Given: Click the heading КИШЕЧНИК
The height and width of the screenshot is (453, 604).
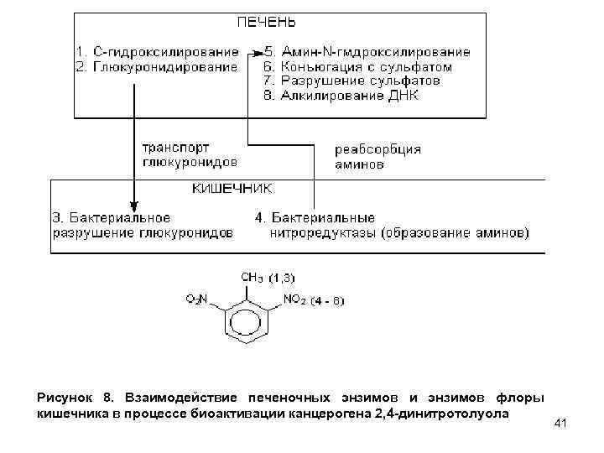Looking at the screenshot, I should tap(232, 189).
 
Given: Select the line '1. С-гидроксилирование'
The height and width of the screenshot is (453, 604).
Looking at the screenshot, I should tap(156, 51).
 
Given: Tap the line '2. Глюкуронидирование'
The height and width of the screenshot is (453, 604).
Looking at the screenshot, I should tap(156, 66).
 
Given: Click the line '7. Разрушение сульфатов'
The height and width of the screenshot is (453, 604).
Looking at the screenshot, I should tap(351, 81).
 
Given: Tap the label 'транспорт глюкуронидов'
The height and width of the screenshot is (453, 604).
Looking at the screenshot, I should tap(188, 154).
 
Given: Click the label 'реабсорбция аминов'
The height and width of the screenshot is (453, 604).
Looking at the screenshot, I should tap(377, 157).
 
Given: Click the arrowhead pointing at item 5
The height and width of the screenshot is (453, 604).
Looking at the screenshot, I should tap(254, 51).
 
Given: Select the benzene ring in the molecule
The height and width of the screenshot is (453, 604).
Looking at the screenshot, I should tap(245, 322).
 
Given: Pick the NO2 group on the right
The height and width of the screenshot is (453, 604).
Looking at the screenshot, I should tap(295, 298).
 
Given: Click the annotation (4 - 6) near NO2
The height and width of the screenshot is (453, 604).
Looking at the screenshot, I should tap(327, 299).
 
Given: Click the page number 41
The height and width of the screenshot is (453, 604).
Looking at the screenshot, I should tap(561, 424).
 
